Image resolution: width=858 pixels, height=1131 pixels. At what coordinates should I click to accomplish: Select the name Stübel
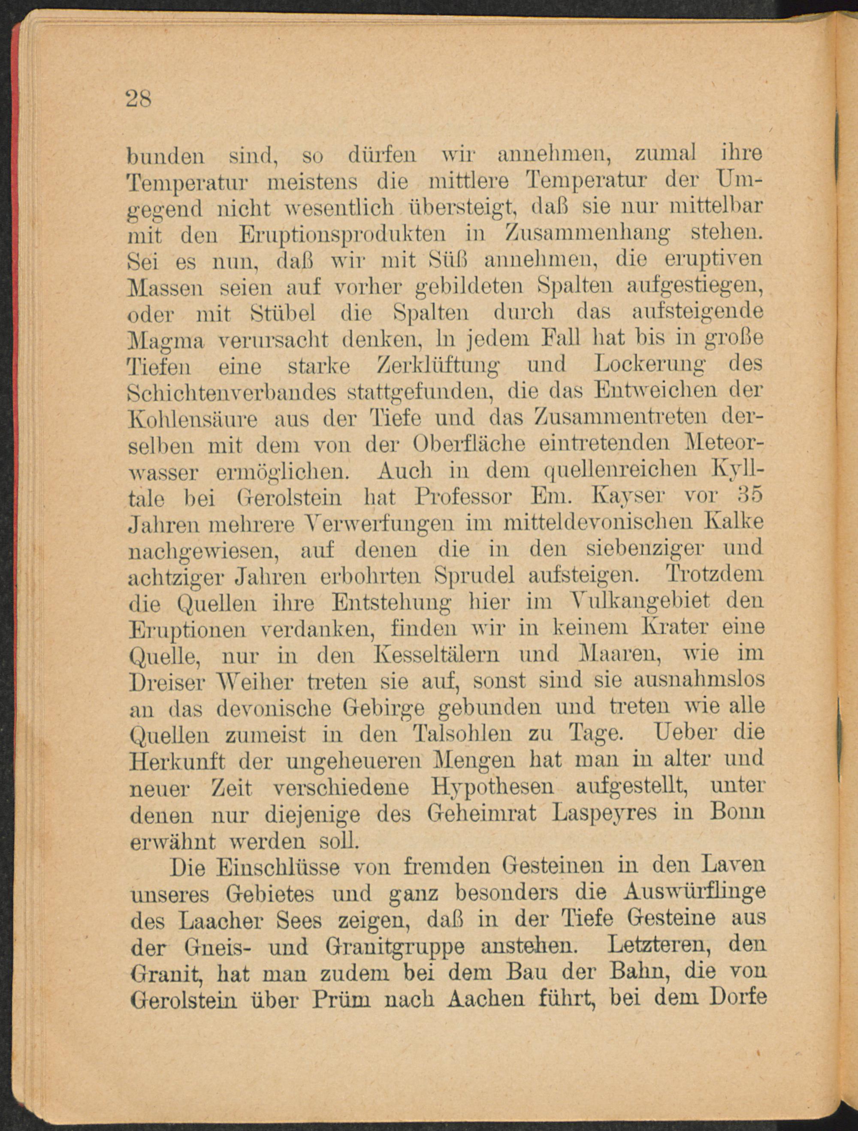[283, 313]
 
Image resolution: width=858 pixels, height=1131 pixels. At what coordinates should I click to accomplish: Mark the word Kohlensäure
[194, 419]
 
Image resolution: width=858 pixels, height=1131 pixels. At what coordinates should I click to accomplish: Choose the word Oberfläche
[469, 445]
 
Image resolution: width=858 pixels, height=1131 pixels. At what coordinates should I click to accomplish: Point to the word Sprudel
[474, 576]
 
